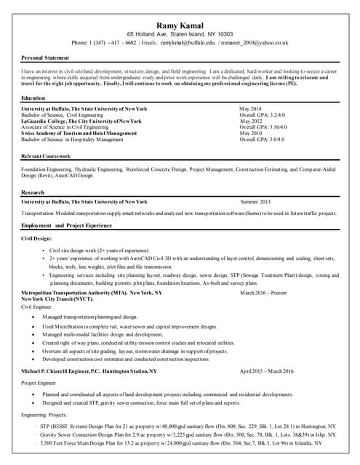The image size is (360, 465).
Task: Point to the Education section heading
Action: coord(33,98)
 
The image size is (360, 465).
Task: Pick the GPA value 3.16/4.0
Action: coord(274,127)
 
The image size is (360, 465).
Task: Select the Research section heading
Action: coord(33,193)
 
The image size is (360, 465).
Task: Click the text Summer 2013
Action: coord(255,201)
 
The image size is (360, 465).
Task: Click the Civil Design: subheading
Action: coord(37,238)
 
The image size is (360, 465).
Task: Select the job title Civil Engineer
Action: coord(37,306)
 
